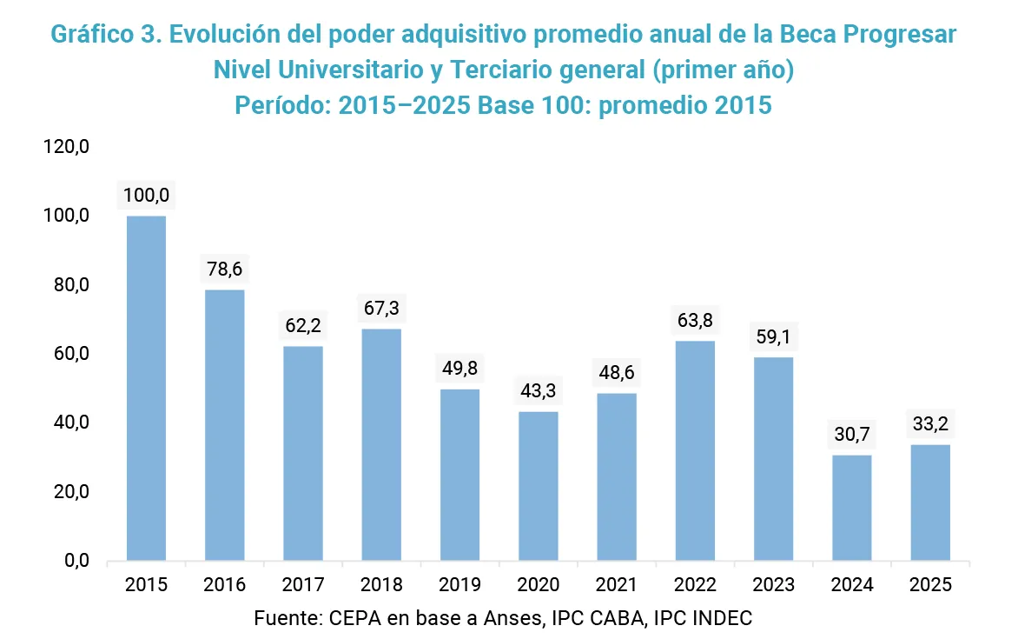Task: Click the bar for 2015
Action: tap(146, 388)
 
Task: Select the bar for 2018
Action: tap(381, 444)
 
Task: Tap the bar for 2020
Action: tap(539, 485)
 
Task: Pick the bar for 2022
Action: tap(695, 450)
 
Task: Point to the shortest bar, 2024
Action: tap(852, 508)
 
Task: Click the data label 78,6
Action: tap(225, 270)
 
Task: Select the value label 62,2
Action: tap(303, 327)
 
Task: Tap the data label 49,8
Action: tap(459, 369)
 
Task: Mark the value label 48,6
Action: tap(617, 374)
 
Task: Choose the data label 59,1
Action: tap(773, 337)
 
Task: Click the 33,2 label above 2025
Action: tap(930, 425)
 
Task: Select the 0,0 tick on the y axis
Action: tap(76, 561)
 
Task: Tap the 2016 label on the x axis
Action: tap(225, 585)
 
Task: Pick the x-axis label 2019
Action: tap(459, 585)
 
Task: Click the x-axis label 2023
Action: tap(773, 585)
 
